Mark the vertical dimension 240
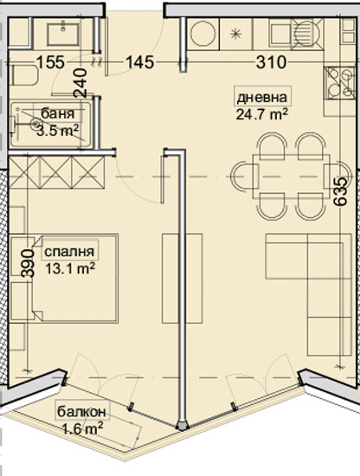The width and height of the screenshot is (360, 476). (x=80, y=82)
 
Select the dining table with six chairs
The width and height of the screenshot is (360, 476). (x=280, y=175)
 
